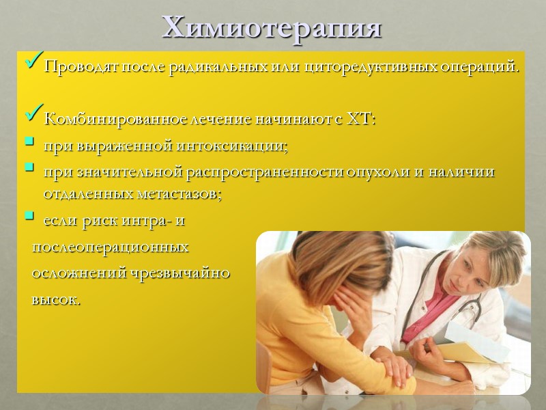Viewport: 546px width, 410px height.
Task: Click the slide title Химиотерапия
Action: (272, 27)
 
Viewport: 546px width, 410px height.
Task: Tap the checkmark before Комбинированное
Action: (33, 116)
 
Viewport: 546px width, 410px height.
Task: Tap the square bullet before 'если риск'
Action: (29, 217)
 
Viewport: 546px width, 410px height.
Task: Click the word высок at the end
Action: (55, 299)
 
